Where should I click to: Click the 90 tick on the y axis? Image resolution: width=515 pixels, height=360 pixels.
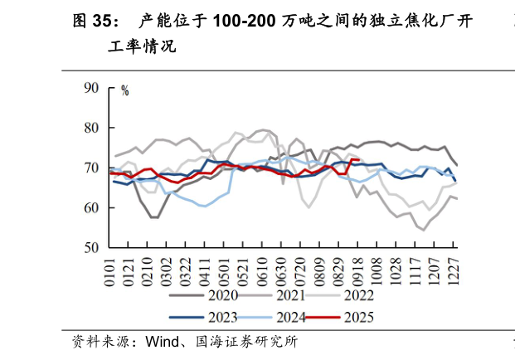(92, 88)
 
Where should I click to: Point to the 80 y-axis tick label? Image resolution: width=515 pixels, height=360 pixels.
(92, 128)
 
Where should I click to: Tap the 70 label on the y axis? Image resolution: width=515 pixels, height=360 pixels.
(92, 168)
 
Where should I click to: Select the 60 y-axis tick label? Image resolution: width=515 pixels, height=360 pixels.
(92, 207)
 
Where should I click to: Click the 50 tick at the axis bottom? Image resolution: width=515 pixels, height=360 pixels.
(92, 247)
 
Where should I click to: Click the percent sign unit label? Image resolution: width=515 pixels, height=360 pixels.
(125, 91)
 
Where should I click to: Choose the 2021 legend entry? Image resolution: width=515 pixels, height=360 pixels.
(290, 295)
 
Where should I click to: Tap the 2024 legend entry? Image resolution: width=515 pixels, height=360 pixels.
(290, 316)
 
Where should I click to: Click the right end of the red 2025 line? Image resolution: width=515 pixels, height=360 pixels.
(359, 159)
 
